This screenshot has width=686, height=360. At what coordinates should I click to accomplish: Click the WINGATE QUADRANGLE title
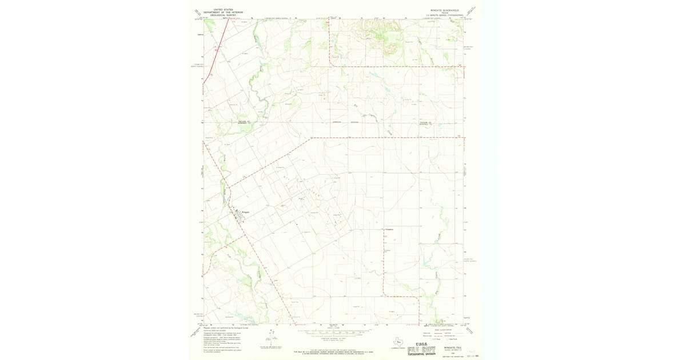(445, 10)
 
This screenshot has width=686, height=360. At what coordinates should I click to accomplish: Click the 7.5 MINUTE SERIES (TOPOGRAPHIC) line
(445, 15)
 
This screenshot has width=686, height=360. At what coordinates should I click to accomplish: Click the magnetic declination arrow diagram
(269, 337)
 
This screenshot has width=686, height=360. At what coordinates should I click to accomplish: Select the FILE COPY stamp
(422, 349)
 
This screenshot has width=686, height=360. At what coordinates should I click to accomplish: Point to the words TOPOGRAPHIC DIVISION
(422, 354)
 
